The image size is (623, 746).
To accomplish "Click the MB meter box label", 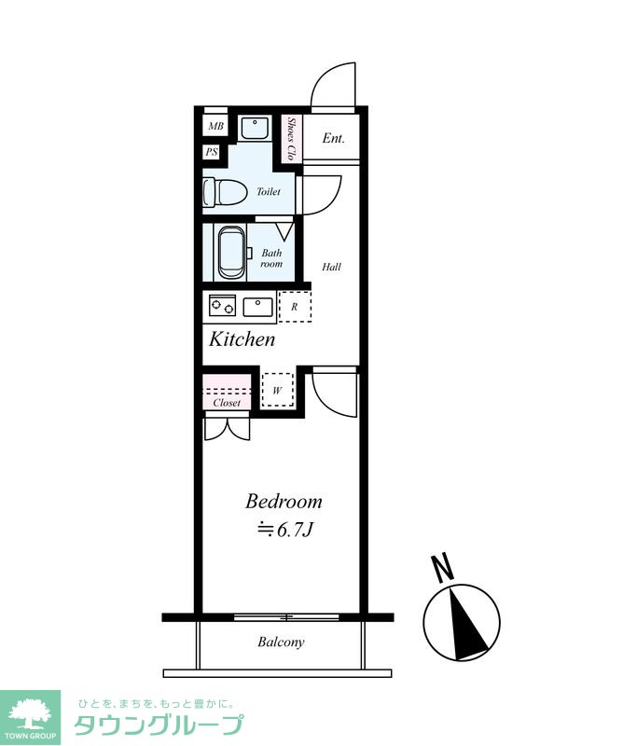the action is click(215, 127).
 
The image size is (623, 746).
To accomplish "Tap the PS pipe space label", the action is click(212, 152).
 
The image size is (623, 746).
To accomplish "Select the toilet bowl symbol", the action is click(224, 193).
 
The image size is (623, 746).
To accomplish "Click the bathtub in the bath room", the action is click(232, 252).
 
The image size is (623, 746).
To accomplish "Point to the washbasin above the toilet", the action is click(255, 128).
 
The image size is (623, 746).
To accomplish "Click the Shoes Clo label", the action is click(291, 139).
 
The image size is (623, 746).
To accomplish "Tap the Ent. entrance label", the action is click(333, 138).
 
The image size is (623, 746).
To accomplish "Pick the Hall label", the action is click(331, 267).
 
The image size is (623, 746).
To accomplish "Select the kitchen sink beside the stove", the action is click(258, 307).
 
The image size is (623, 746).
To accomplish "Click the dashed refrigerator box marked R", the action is click(295, 307).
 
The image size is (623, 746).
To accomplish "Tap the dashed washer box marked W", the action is click(278, 390).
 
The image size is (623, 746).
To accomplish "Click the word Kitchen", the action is click(242, 339).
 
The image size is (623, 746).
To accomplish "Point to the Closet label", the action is click(227, 403).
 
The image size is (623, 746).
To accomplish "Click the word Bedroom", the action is click(284, 501).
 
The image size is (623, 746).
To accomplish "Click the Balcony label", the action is click(281, 642).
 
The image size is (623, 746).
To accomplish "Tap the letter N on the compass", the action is click(442, 568).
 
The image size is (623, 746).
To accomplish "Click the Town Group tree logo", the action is click(31, 717).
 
